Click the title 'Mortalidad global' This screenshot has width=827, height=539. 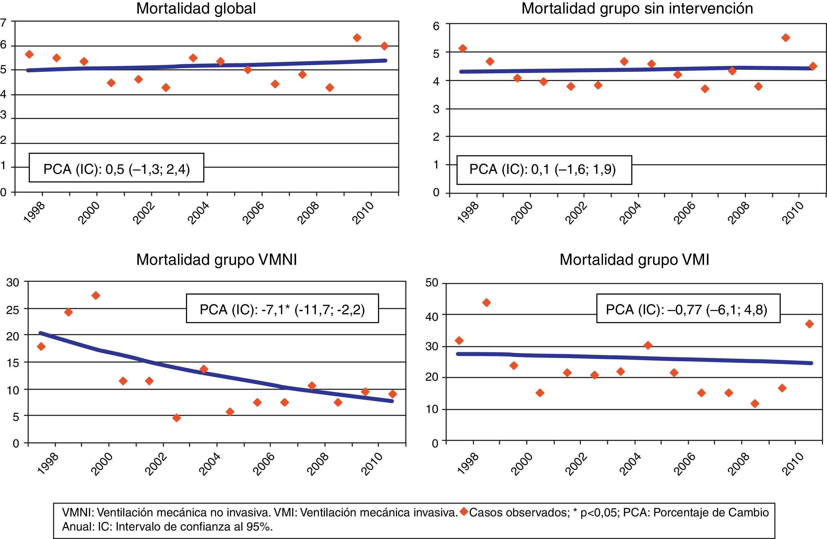(x=196, y=9)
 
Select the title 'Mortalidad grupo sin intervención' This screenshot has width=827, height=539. (x=637, y=9)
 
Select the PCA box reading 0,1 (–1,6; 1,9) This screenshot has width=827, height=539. (x=544, y=170)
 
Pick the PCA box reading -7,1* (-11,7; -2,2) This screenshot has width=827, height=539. (x=282, y=309)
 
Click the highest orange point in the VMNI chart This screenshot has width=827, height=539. (x=96, y=296)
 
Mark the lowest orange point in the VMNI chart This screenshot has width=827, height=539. (x=177, y=418)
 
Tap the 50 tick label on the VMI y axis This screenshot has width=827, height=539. (x=432, y=283)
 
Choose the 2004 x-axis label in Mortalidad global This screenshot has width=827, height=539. (x=198, y=213)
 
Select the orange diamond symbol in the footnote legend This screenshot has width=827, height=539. (x=463, y=511)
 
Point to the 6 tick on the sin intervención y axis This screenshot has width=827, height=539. (x=436, y=26)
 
